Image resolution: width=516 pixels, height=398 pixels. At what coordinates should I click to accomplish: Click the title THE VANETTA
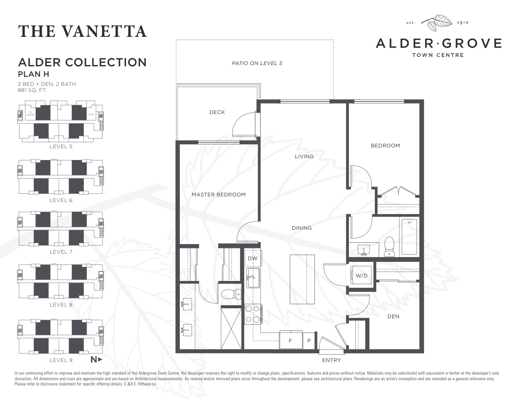point(83,32)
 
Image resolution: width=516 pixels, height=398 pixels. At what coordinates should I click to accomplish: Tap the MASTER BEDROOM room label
point(218,195)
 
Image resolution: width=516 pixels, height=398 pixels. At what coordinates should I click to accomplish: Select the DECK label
point(217,112)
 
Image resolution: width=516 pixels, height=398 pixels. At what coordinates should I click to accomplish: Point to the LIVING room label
point(304,157)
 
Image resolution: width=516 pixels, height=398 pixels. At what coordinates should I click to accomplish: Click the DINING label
point(301,228)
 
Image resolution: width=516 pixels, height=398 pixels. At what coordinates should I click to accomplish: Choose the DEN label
point(393,316)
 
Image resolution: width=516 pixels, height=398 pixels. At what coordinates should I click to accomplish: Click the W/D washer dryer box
point(361,276)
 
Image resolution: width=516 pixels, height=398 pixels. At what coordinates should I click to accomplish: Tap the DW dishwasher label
point(252,258)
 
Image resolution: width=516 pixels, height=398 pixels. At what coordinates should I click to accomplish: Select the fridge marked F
point(291,340)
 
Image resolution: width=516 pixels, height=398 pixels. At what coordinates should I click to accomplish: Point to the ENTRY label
point(331,360)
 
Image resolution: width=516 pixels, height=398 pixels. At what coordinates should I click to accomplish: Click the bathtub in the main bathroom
point(409,237)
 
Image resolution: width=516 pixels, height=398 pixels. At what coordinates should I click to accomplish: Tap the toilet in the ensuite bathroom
point(231,294)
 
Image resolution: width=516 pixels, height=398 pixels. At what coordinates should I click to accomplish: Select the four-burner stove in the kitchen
point(253,314)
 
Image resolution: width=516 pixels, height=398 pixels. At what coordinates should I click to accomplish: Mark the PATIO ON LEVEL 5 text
point(257,63)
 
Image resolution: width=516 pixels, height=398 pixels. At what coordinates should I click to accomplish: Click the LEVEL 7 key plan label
point(61,252)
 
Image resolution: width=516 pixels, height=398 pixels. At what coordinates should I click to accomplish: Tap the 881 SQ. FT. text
point(33,91)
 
